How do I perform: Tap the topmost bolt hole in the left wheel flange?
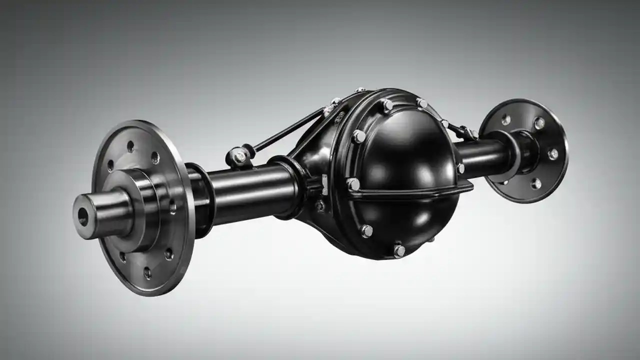click(x=130, y=146)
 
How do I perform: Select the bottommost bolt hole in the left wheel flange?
click(x=147, y=272)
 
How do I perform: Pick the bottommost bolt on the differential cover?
click(x=399, y=249)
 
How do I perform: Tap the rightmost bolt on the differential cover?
click(x=460, y=168)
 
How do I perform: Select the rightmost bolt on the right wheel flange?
click(x=553, y=154)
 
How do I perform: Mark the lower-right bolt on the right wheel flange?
click(x=536, y=183)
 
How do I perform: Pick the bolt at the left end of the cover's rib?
click(x=353, y=184)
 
